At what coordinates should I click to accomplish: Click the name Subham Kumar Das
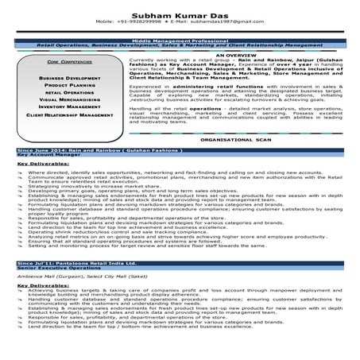(179, 10)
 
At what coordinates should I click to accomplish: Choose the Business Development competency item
(69, 79)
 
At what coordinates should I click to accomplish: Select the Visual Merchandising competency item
(69, 99)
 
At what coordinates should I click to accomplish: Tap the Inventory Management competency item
(69, 106)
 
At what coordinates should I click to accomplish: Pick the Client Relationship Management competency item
(69, 115)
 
